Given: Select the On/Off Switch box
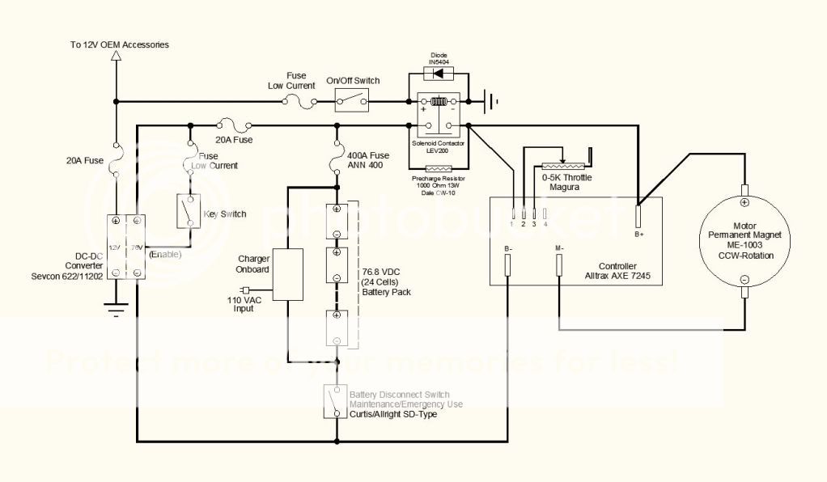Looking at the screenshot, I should tap(353, 101).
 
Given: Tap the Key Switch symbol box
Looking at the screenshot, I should tap(189, 212).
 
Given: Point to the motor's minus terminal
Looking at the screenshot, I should tap(744, 280).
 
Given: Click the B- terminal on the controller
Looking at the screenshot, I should tap(507, 264).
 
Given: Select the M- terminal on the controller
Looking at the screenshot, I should tap(559, 264).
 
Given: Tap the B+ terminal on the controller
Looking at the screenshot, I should tap(638, 217).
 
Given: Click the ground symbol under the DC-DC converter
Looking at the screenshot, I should tap(116, 307).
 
